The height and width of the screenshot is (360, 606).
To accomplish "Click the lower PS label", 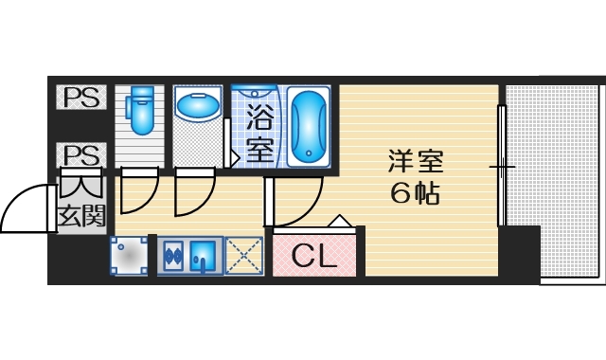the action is [81, 153].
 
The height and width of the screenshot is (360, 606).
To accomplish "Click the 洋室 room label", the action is [414, 161].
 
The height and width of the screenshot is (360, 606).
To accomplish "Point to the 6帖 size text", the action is [414, 193].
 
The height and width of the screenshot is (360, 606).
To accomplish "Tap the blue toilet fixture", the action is [141, 111].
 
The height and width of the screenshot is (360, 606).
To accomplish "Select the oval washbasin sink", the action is [197, 106].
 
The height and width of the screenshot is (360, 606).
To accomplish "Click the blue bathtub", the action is [307, 127].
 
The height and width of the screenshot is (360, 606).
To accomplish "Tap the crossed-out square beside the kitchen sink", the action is [244, 255].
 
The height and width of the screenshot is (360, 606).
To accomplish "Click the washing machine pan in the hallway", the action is [129, 255].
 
